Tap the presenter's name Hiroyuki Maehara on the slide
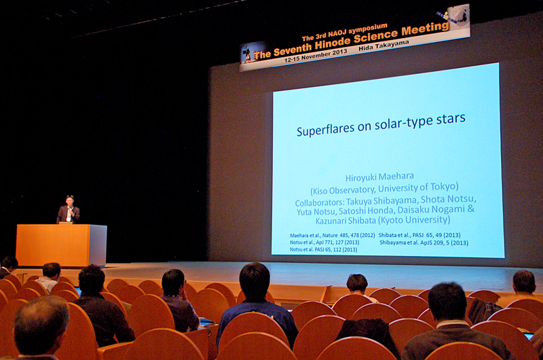379,177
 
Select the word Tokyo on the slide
445,187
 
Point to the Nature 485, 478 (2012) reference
333,235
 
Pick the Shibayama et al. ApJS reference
424,242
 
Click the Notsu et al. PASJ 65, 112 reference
324,249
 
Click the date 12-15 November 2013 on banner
316,56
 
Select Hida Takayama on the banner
383,46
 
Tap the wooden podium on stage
61,245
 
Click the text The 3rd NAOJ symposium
344,33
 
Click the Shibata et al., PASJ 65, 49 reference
419,235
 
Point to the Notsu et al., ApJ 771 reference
324,242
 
